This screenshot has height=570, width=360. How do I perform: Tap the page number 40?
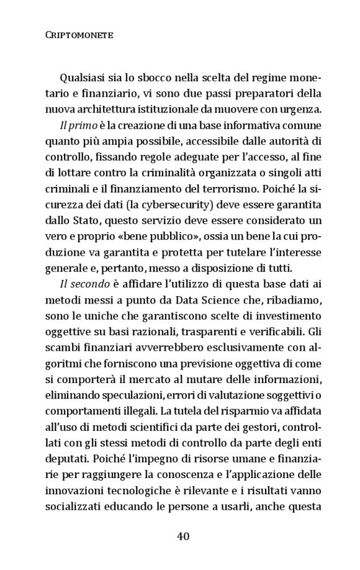(x=182, y=536)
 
